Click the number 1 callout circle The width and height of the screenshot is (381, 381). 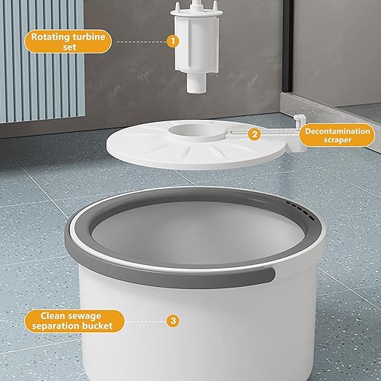tap(173, 41)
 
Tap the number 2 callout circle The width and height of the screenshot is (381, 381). tap(253, 134)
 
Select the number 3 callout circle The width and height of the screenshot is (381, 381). tap(173, 320)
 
